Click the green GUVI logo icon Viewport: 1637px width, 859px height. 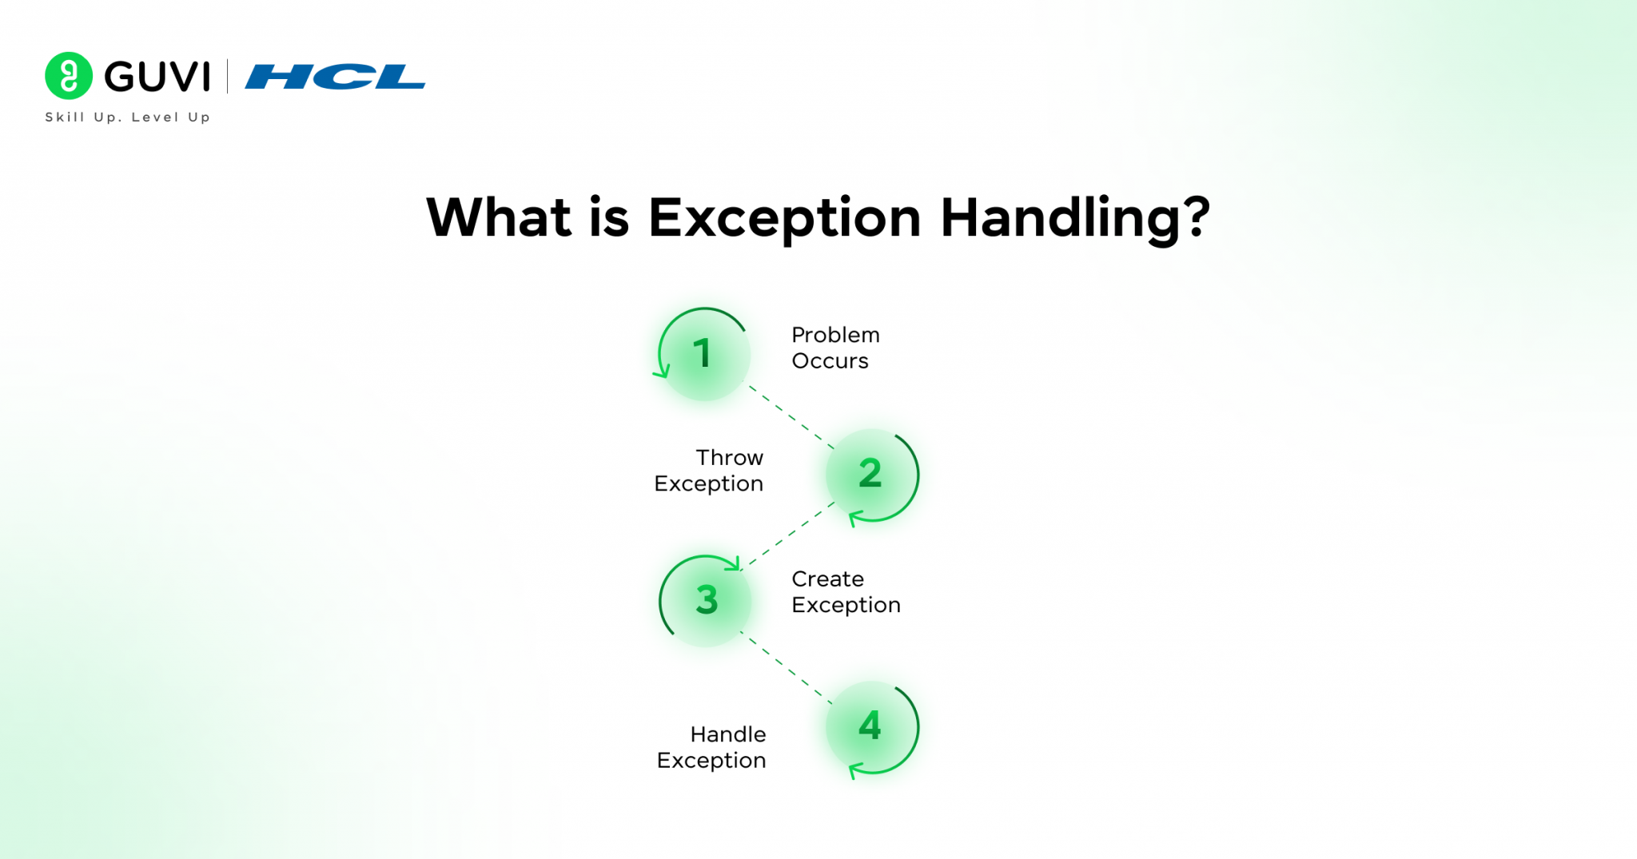69,76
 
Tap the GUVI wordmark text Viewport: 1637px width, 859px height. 157,77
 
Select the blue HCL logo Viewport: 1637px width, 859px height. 335,77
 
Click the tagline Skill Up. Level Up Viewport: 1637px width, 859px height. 128,117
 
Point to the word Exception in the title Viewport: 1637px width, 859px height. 784,218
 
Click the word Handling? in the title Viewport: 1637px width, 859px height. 1074,218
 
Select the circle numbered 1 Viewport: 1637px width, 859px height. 704,354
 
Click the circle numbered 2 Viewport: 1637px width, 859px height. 870,475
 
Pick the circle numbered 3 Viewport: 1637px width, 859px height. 706,600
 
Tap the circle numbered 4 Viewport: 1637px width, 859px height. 870,726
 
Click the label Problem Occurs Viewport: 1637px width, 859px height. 834,348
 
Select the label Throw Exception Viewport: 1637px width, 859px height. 710,471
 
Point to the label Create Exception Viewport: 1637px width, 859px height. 845,592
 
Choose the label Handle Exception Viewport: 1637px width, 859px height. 711,747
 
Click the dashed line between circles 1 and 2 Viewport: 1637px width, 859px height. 791,416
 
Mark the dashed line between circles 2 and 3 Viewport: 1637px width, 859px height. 787,535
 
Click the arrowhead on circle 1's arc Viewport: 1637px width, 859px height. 662,372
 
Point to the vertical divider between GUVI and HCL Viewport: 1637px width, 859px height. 228,77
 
